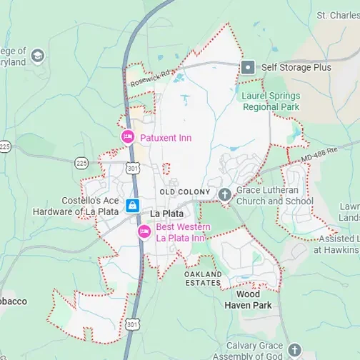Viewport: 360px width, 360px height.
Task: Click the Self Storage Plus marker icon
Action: tap(248, 67)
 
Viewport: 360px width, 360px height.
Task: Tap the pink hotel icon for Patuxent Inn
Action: tap(128, 137)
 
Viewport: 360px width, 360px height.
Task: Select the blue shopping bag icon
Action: tap(132, 206)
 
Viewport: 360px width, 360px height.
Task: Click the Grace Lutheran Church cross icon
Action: tap(224, 194)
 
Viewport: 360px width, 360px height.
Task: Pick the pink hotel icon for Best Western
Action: tap(144, 231)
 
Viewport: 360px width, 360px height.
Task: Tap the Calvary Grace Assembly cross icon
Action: tap(294, 350)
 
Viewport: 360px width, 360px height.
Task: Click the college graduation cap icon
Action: tap(37, 56)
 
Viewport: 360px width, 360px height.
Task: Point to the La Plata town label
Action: tap(166, 214)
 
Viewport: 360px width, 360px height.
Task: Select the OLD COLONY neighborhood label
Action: tap(185, 192)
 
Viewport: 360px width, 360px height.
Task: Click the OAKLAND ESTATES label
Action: tap(203, 279)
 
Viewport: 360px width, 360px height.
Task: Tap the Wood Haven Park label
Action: tap(248, 299)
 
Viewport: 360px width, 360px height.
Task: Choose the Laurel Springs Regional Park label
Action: tap(271, 101)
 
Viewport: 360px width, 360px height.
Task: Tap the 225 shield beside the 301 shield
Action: tap(81, 163)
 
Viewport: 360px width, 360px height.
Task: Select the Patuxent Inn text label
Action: tap(166, 137)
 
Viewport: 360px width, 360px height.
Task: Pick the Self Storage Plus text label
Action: tap(296, 67)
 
